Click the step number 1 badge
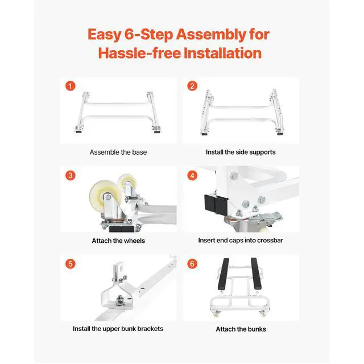pyautogui.click(x=71, y=86)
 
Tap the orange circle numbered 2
pyautogui.click(x=192, y=86)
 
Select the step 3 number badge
pyautogui.click(x=71, y=175)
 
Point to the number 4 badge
pyautogui.click(x=192, y=175)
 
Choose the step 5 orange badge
pyautogui.click(x=71, y=264)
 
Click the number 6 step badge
pyautogui.click(x=192, y=264)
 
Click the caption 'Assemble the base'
pyautogui.click(x=118, y=152)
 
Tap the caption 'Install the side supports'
pyautogui.click(x=241, y=152)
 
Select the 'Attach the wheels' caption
pyautogui.click(x=118, y=241)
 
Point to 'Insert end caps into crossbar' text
pyautogui.click(x=241, y=240)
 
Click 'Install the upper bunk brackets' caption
pyautogui.click(x=118, y=329)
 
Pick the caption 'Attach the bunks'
pyautogui.click(x=241, y=329)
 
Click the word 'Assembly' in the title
pyautogui.click(x=211, y=35)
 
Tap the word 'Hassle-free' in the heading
pyautogui.click(x=139, y=53)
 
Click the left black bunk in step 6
pyautogui.click(x=223, y=274)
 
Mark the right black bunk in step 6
pyautogui.click(x=256, y=274)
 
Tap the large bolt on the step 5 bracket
pyautogui.click(x=120, y=299)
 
